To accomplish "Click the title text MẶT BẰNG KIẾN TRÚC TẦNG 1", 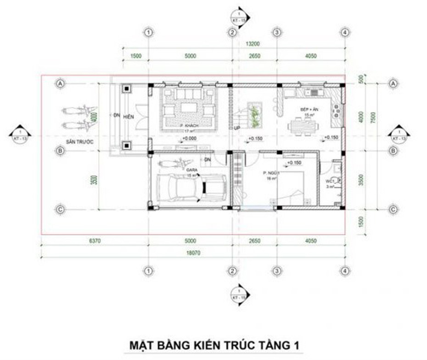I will [x=213, y=344].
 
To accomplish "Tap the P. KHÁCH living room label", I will [x=189, y=125].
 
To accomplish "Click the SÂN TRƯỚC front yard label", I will [x=79, y=143].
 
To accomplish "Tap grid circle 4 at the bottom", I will [x=344, y=270].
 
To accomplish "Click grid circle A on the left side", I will [x=60, y=83].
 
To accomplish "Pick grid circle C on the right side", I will [x=393, y=209].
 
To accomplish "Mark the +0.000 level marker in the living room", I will [x=189, y=138].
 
